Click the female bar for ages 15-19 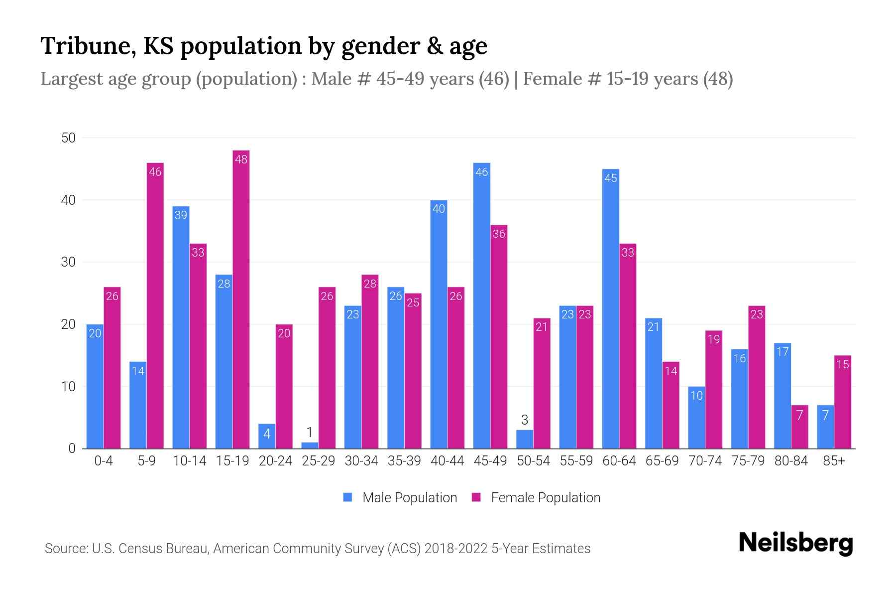click(241, 299)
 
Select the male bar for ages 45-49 click(481, 305)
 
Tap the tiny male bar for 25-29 click(310, 445)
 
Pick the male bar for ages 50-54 click(525, 439)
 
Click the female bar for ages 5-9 click(155, 305)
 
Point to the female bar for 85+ click(843, 402)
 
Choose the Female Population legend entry click(536, 498)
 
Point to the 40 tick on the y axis click(68, 200)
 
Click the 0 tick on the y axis click(72, 448)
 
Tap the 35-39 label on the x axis click(404, 461)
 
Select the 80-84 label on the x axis click(791, 461)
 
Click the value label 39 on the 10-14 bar click(181, 215)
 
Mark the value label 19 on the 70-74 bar click(713, 339)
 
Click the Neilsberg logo click(795, 543)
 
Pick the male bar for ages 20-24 click(267, 436)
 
